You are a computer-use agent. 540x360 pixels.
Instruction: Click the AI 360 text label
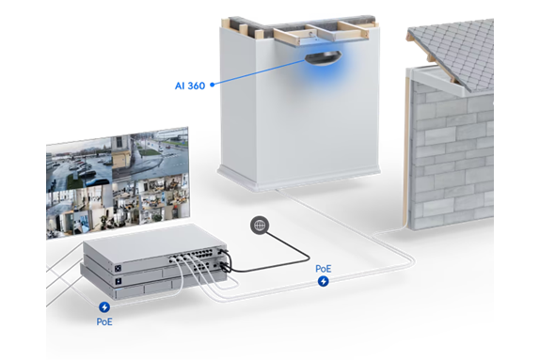(188, 86)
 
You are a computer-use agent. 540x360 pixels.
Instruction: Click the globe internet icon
(260, 226)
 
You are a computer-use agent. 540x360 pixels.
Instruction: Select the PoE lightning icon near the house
(324, 281)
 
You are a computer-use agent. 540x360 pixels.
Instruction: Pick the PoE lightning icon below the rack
(104, 306)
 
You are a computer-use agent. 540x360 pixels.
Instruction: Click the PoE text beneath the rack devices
(104, 321)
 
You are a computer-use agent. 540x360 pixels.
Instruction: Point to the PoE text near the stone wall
(324, 268)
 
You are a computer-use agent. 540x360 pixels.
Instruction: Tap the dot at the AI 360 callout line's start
(214, 85)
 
